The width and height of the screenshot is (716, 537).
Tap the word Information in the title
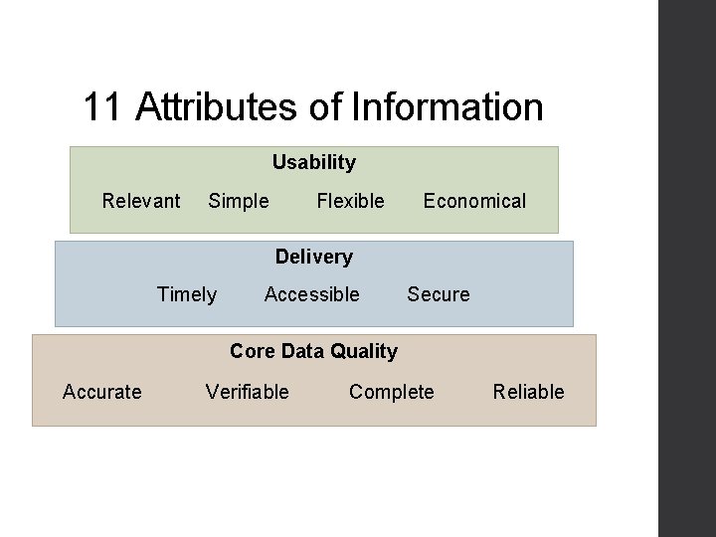point(447,107)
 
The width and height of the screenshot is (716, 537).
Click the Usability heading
point(313,162)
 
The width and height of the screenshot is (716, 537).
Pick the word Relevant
point(141,201)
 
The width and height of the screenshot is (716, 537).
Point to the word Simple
point(238,201)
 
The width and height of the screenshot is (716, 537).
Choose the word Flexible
point(350,201)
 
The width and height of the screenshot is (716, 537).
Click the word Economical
point(474,201)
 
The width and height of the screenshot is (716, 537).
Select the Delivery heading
point(313,257)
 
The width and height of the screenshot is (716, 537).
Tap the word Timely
point(187,294)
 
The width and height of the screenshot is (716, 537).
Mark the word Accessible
point(311,294)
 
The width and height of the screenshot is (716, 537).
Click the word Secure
point(438,294)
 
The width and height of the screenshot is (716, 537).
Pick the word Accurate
point(101,392)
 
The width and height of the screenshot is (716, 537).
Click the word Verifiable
point(247,392)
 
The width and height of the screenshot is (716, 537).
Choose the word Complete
point(391,392)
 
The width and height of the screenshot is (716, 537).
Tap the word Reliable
point(528,392)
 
